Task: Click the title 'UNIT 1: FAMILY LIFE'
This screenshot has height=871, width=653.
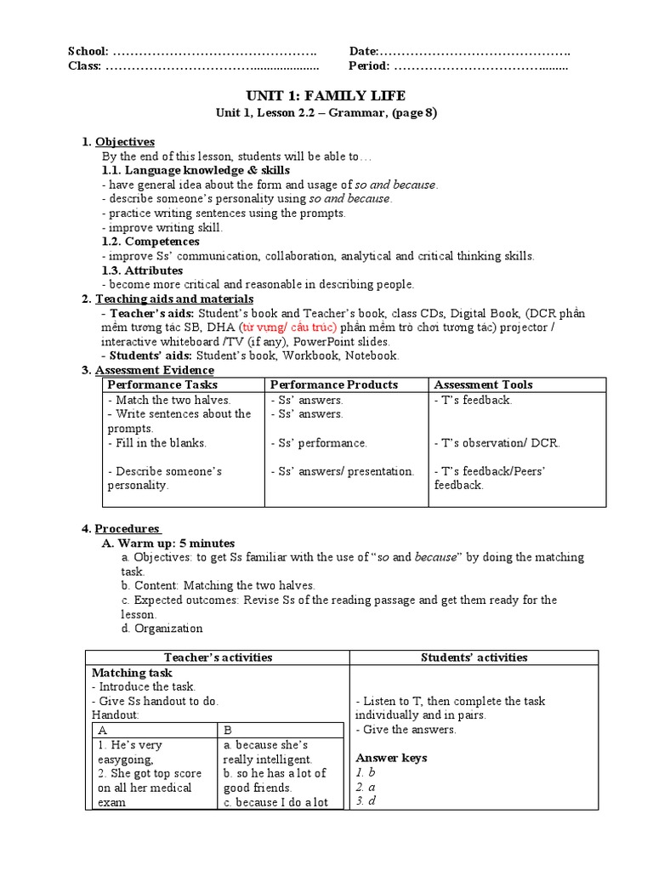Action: click(326, 95)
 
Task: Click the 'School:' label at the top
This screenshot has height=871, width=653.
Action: click(88, 52)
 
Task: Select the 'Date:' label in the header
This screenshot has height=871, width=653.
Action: click(363, 52)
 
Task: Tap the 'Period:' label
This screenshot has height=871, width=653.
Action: click(369, 66)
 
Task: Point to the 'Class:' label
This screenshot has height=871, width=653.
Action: click(84, 66)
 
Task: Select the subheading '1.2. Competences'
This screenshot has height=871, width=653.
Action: click(150, 242)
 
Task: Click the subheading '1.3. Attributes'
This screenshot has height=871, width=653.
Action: click(142, 270)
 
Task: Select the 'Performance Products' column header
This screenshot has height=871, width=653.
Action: click(334, 384)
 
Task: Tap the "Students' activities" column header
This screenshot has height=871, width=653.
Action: click(474, 657)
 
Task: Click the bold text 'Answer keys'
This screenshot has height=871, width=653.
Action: click(391, 758)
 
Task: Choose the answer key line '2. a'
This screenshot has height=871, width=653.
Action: click(365, 787)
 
